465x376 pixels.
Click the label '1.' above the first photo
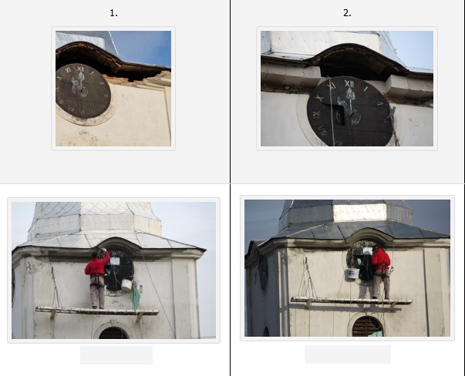[113, 13]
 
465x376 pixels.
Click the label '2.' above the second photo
[347, 13]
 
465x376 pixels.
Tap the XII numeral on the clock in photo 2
[349, 84]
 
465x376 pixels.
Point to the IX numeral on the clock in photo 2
[316, 114]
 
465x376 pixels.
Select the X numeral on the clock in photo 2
[319, 98]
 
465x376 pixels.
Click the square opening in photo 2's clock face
[339, 116]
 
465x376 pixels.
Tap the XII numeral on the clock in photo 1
[81, 69]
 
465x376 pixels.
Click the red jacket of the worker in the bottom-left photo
[96, 265]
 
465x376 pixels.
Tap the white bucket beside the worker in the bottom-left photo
[126, 285]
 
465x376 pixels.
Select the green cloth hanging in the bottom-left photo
[136, 297]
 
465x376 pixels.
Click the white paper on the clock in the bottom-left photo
[115, 261]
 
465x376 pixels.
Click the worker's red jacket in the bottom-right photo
[380, 259]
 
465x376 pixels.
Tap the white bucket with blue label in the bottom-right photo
[353, 274]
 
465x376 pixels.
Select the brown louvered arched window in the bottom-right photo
[367, 326]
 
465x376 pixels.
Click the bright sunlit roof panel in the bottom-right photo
[360, 213]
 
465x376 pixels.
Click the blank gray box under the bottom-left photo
[116, 355]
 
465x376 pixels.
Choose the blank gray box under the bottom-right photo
[348, 354]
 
